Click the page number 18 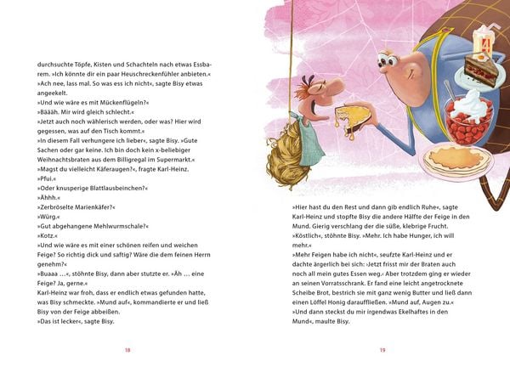(x=127, y=349)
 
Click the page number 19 (x=382, y=349)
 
